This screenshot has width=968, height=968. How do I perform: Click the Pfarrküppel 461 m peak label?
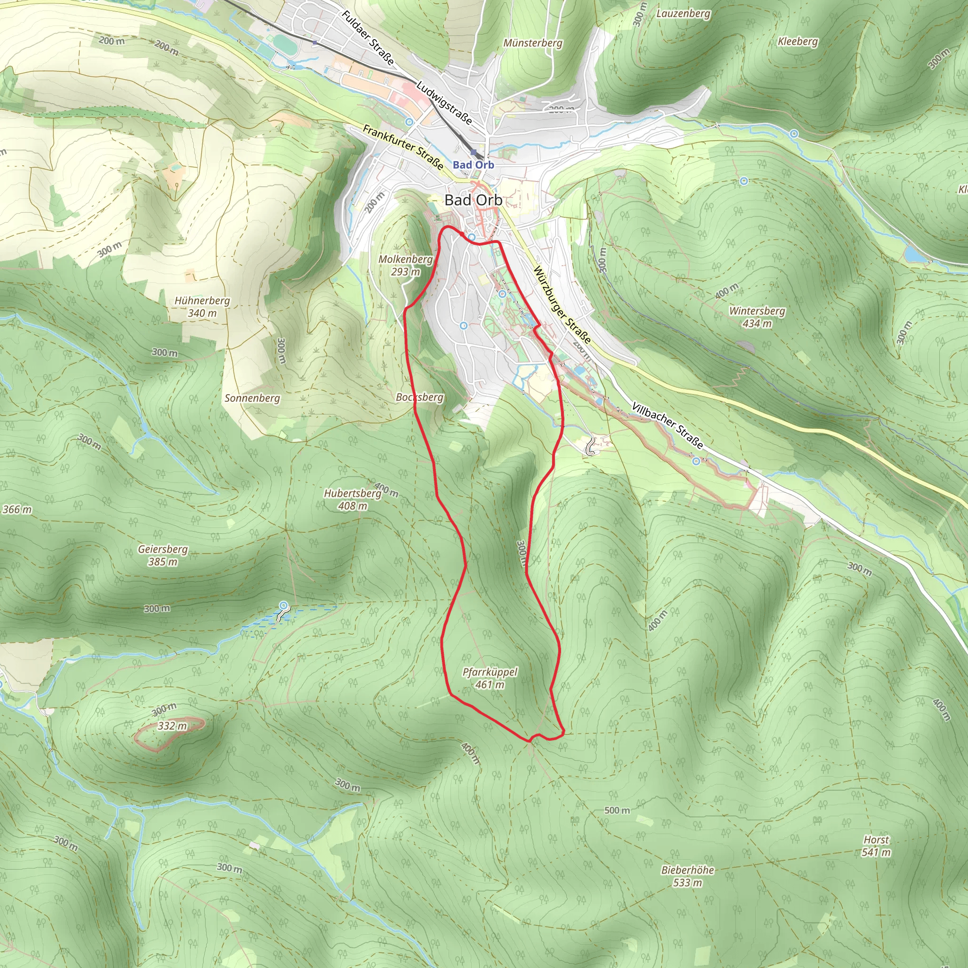pyautogui.click(x=490, y=678)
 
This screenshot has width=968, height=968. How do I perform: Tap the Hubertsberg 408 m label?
pyautogui.click(x=353, y=500)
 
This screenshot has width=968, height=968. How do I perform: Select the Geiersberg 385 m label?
pyautogui.click(x=163, y=555)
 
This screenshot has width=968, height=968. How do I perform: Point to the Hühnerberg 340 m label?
pyautogui.click(x=202, y=307)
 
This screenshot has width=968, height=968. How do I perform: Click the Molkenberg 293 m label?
pyautogui.click(x=406, y=265)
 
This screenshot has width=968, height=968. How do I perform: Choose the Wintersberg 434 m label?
pyautogui.click(x=757, y=317)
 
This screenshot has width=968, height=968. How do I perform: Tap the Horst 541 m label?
pyautogui.click(x=876, y=846)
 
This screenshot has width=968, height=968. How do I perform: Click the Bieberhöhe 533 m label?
pyautogui.click(x=687, y=876)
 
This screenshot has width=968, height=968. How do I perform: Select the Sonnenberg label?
pyautogui.click(x=252, y=398)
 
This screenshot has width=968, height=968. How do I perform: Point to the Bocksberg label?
pyautogui.click(x=420, y=397)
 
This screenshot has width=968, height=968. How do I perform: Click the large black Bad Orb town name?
pyautogui.click(x=473, y=200)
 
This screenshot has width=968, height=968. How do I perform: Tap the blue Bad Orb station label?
pyautogui.click(x=474, y=165)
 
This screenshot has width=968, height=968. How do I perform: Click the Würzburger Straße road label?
pyautogui.click(x=562, y=305)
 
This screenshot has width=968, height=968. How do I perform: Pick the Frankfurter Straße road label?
pyautogui.click(x=403, y=147)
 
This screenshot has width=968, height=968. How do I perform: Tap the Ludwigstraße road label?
pyautogui.click(x=444, y=103)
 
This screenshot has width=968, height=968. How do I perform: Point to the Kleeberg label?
pyautogui.click(x=798, y=42)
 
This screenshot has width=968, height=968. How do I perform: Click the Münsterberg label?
pyautogui.click(x=533, y=43)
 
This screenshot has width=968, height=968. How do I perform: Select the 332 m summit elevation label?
pyautogui.click(x=172, y=726)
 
